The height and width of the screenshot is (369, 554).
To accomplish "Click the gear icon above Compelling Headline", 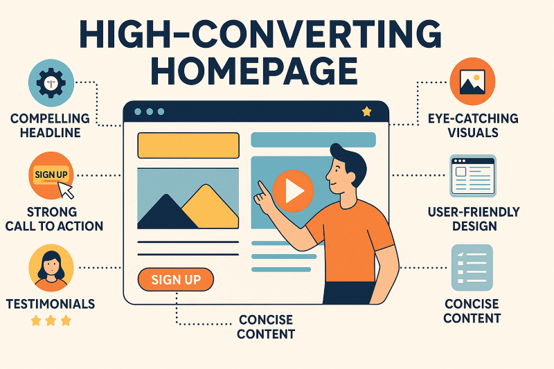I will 49,82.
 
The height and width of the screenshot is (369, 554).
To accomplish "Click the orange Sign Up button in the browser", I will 176,280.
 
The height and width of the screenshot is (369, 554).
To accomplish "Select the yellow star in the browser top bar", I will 366,111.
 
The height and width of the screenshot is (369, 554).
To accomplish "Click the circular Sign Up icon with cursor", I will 51,175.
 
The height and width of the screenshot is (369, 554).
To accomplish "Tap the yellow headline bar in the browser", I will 188,145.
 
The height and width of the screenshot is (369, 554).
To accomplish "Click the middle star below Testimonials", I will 49,321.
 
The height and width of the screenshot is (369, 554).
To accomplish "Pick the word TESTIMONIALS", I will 50,303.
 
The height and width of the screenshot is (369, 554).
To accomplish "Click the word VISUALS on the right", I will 472,132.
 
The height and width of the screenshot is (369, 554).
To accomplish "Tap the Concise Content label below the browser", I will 265,327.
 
